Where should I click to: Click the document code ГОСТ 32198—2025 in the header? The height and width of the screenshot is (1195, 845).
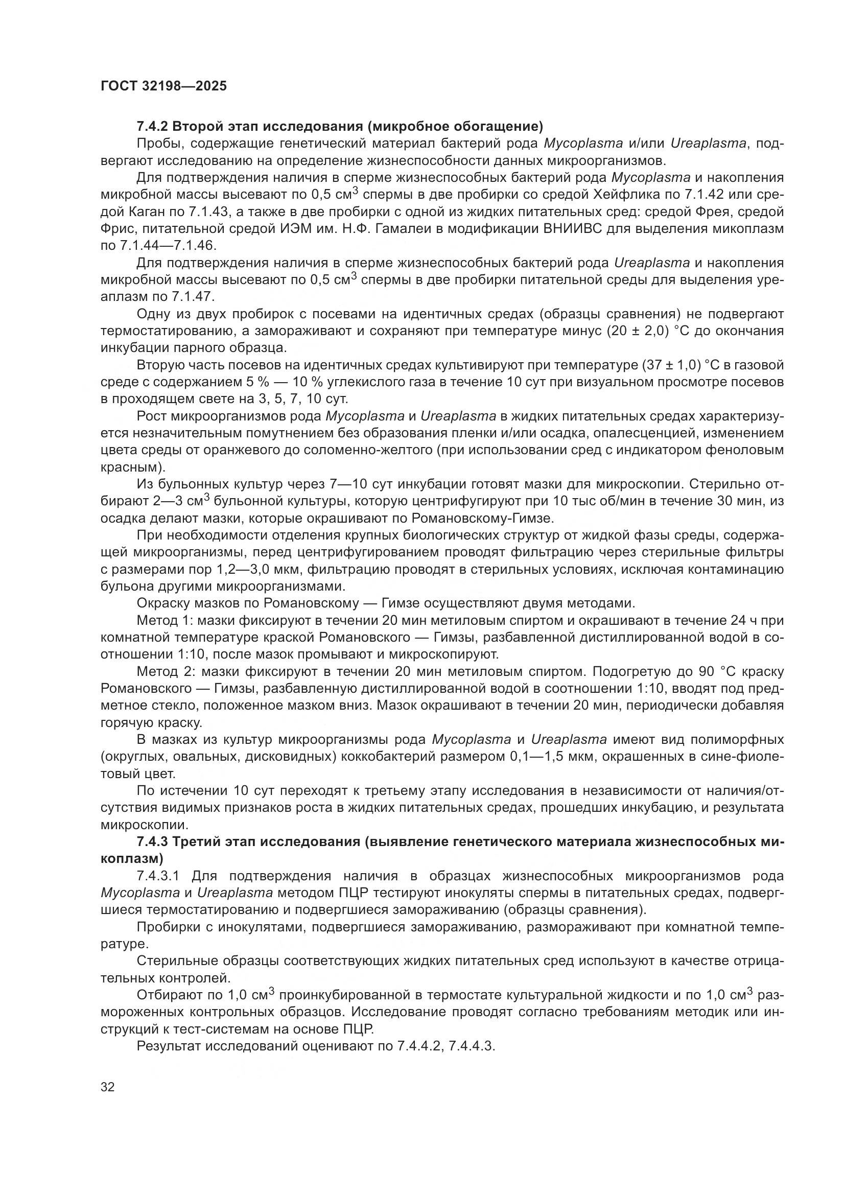pos(163,86)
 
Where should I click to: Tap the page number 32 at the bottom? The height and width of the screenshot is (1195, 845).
pos(108,1087)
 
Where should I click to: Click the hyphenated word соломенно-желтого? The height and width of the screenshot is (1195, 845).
pos(366,450)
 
